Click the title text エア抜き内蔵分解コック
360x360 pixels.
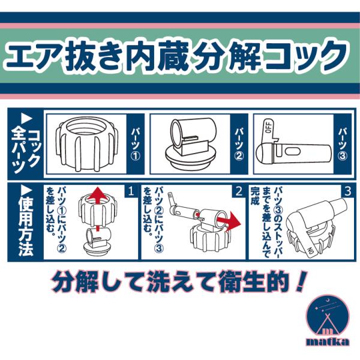pos(176,56)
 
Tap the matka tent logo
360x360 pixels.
pos(328,318)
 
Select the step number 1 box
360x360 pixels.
pos(131,191)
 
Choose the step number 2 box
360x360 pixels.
pos(239,191)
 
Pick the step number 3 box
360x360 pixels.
pos(347,191)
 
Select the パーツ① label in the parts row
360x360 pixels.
pos(136,144)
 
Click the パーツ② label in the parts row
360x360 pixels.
pos(239,144)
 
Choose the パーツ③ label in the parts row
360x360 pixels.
pos(343,144)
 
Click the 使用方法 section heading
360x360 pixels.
pos(25,222)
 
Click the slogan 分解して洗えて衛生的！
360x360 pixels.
pos(179,282)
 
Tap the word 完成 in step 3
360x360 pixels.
pos(255,196)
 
